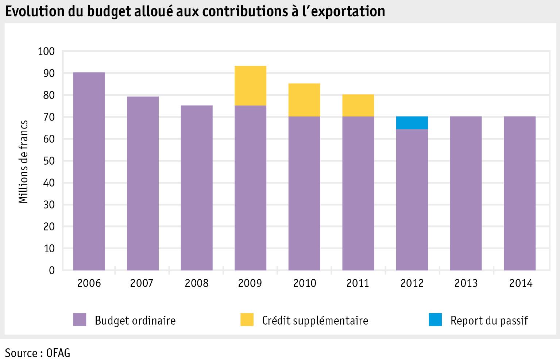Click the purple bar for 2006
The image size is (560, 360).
coord(89,171)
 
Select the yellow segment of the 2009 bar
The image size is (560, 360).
coord(250,85)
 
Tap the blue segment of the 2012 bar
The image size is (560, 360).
coord(412,123)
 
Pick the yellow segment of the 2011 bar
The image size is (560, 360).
coord(358,106)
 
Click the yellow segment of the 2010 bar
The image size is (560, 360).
coord(304,100)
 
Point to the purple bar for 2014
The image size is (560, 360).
coord(520,193)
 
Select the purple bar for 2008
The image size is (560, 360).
coord(197,188)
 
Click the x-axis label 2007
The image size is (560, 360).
coord(142,283)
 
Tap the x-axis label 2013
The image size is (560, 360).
coord(466,283)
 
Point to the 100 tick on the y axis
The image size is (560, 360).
coord(46,51)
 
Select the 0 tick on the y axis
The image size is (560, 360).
coord(51,271)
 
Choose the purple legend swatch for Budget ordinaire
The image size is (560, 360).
coord(79,319)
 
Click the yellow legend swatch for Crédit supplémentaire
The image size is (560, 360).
coord(247,319)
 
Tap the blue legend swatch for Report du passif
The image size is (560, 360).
coord(435,319)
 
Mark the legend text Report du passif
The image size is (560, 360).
coord(489,320)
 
